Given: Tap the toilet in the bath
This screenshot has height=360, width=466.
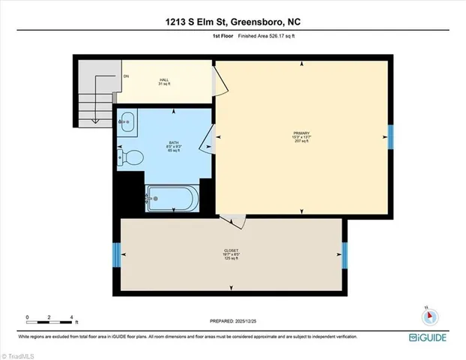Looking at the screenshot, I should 130,157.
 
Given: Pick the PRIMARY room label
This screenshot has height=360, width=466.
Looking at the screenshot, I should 301,136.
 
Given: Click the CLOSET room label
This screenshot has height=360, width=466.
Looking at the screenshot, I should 232,251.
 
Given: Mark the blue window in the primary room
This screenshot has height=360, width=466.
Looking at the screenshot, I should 390,136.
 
